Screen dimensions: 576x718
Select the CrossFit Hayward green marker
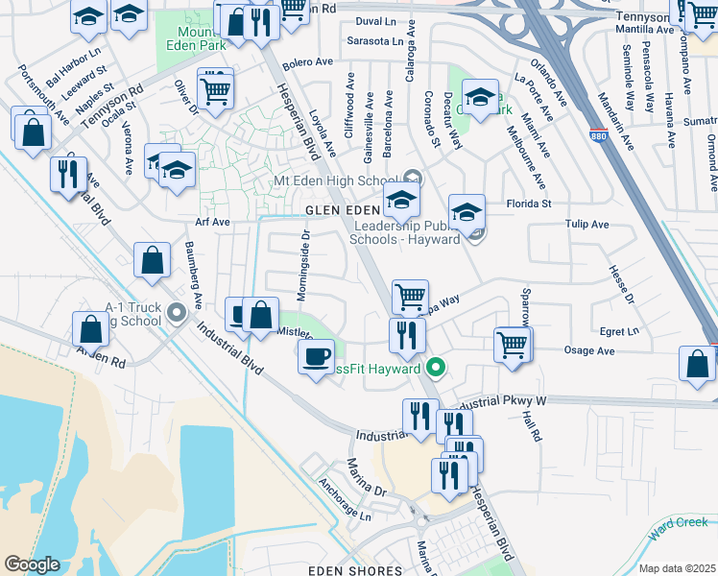point(436,368)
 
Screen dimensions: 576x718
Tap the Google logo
point(32,564)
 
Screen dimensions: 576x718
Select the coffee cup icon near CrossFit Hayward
point(315,358)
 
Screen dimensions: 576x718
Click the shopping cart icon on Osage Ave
point(513,344)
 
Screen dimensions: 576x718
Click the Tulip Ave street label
point(586,225)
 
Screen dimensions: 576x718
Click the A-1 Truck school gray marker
point(176,312)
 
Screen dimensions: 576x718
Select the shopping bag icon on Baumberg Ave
point(152,259)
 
